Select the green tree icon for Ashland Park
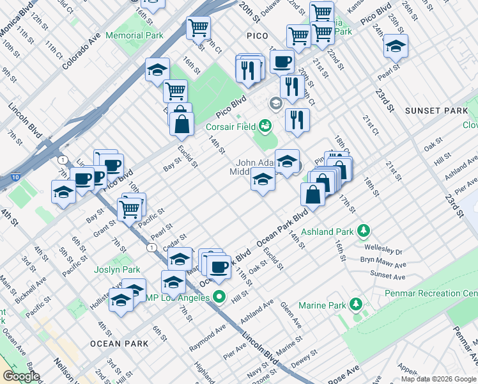pyautogui.click(x=363, y=229)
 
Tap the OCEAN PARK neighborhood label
pyautogui.click(x=119, y=344)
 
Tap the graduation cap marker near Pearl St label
pyautogui.click(x=396, y=46)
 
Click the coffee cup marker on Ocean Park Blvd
pyautogui.click(x=219, y=266)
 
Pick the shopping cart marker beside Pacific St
pyautogui.click(x=130, y=208)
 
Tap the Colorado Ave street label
pyautogui.click(x=81, y=51)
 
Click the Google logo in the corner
pyautogui.click(x=21, y=376)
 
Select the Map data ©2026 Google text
pyautogui.click(x=438, y=379)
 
